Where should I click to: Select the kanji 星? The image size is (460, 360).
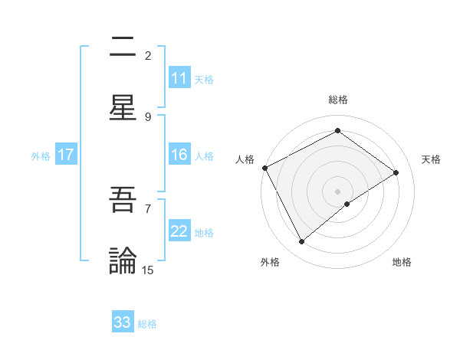coord(123,107)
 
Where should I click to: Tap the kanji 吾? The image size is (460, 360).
coord(123,200)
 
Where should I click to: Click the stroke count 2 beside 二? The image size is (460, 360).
coord(148,55)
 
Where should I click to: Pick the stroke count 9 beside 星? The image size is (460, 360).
coord(148,116)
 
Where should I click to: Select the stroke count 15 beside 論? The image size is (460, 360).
coord(148,270)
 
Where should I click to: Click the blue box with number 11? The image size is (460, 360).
coord(179,78)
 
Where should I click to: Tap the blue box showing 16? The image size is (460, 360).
coord(179,155)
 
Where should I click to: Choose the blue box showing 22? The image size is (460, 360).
coord(179,231)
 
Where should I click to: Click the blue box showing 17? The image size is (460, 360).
coord(66,155)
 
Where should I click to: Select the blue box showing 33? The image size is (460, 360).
coord(123,322)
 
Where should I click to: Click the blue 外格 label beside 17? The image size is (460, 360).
coord(41,155)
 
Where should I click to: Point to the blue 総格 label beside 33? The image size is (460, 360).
coord(147,323)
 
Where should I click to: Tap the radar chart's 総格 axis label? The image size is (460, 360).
coord(337,100)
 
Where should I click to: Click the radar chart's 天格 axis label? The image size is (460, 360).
coord(432,159)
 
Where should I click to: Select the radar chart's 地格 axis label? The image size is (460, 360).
coord(402,262)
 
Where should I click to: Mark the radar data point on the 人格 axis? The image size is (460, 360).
coord(264,168)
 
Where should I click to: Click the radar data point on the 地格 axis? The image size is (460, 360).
coord(347,204)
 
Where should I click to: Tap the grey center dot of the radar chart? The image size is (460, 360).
coord(337,191)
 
